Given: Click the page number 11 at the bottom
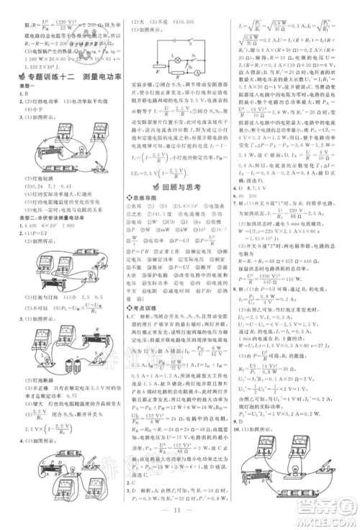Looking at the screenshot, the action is coord(180,516).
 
